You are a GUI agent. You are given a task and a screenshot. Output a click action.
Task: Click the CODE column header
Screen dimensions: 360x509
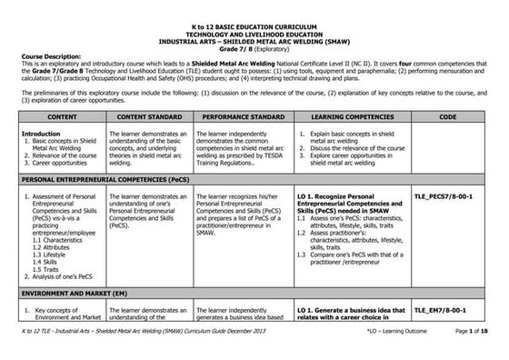tap(447, 117)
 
